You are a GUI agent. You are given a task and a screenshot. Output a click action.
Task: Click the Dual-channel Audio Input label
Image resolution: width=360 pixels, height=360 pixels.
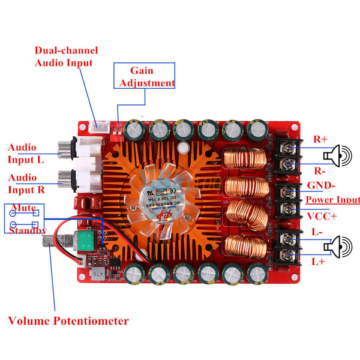[x=66, y=56]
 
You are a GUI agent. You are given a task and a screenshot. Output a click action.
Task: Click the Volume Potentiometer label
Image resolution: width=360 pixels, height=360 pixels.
[x=68, y=320]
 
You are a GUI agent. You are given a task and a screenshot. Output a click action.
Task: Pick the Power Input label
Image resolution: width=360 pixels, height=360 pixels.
[x=332, y=200]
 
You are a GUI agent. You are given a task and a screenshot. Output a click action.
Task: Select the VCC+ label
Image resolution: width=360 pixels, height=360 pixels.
[x=322, y=216]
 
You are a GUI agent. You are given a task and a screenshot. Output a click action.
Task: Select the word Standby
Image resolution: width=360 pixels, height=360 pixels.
[x=28, y=231]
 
